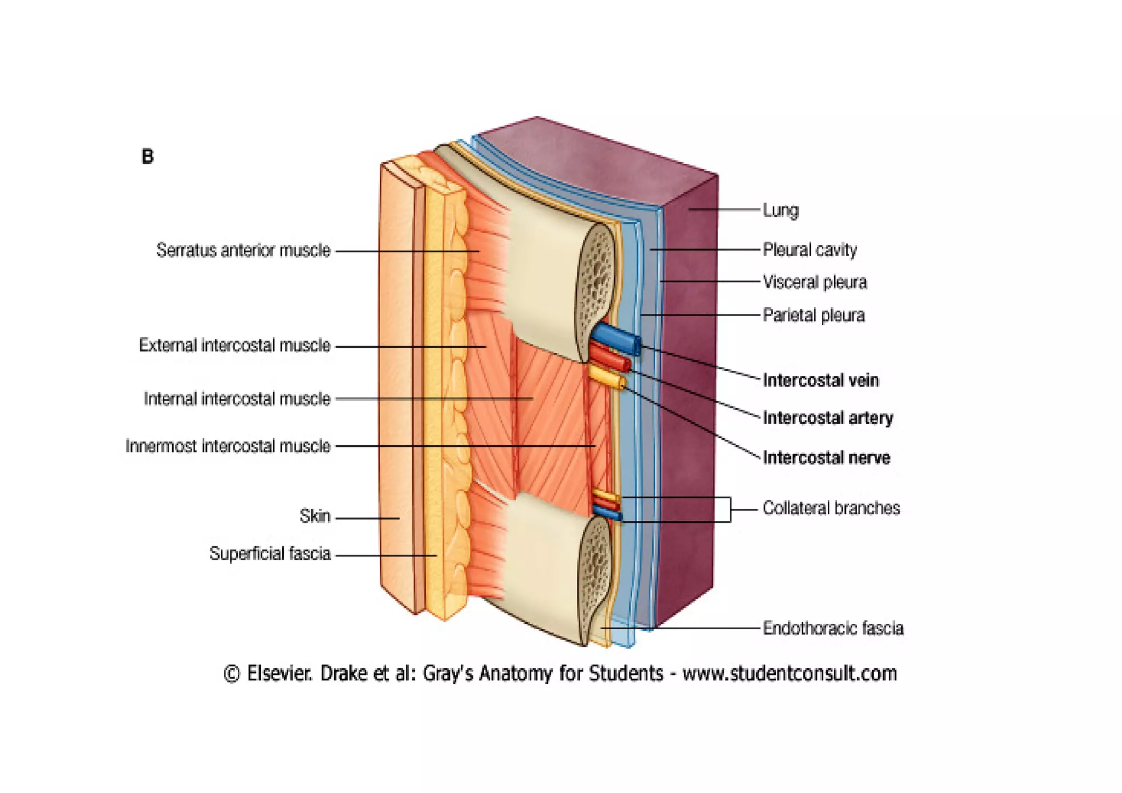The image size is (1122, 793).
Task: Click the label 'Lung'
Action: [x=780, y=210]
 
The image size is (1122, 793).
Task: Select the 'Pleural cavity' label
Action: [x=809, y=250]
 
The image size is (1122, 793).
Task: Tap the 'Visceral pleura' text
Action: [x=815, y=283]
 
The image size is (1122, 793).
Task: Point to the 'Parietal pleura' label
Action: [x=814, y=315]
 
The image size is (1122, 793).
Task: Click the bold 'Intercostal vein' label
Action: [x=820, y=380]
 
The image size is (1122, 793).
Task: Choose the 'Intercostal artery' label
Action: [x=827, y=418]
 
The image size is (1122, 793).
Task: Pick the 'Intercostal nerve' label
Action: [x=826, y=458]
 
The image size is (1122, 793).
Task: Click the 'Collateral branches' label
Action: [x=831, y=508]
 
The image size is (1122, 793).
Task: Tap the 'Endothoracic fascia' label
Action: [x=833, y=628]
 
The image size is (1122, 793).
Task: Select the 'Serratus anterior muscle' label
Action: [x=243, y=250]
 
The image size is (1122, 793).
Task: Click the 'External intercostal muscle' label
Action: [x=234, y=346]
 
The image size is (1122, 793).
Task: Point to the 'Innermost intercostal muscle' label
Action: [x=228, y=446]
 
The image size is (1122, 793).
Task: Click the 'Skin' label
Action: [x=315, y=516]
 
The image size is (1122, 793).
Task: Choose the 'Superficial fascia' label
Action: [x=270, y=554]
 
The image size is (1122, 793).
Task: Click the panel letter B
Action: [x=147, y=157]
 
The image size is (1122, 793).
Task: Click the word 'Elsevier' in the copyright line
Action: [x=279, y=674]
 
